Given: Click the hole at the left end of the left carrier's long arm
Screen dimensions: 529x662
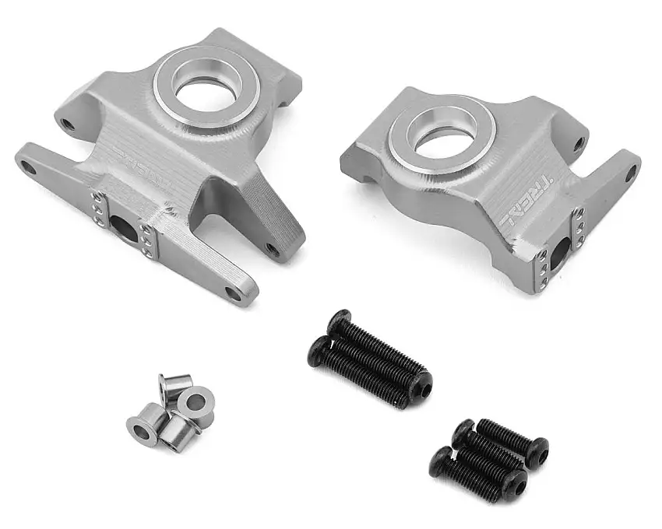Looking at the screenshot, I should [29, 166].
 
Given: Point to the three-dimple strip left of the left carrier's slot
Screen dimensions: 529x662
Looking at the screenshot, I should [97, 209].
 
